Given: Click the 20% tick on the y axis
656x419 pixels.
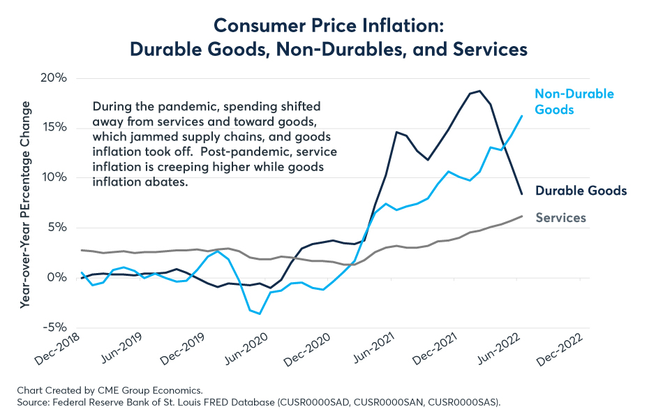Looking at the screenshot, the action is click(54, 78).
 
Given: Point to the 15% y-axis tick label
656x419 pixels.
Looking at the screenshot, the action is click(54, 127).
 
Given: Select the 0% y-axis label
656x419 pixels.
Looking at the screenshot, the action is click(57, 277).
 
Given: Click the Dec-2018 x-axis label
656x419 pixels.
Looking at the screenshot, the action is click(58, 349).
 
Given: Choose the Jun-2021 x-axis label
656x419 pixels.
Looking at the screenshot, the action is click(373, 348).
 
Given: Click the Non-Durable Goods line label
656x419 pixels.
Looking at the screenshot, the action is click(574, 102).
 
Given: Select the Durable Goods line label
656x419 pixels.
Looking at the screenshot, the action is click(581, 191).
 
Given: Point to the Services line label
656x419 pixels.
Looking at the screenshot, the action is click(560, 218).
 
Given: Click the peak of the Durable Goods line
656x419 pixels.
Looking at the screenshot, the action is click(480, 90).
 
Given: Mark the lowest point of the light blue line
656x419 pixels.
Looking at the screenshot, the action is click(260, 314).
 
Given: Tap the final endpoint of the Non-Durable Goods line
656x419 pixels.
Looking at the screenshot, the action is click(522, 116).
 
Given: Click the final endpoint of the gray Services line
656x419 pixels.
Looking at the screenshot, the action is click(522, 216).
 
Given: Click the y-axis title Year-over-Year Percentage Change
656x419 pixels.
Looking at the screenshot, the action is click(26, 205).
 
